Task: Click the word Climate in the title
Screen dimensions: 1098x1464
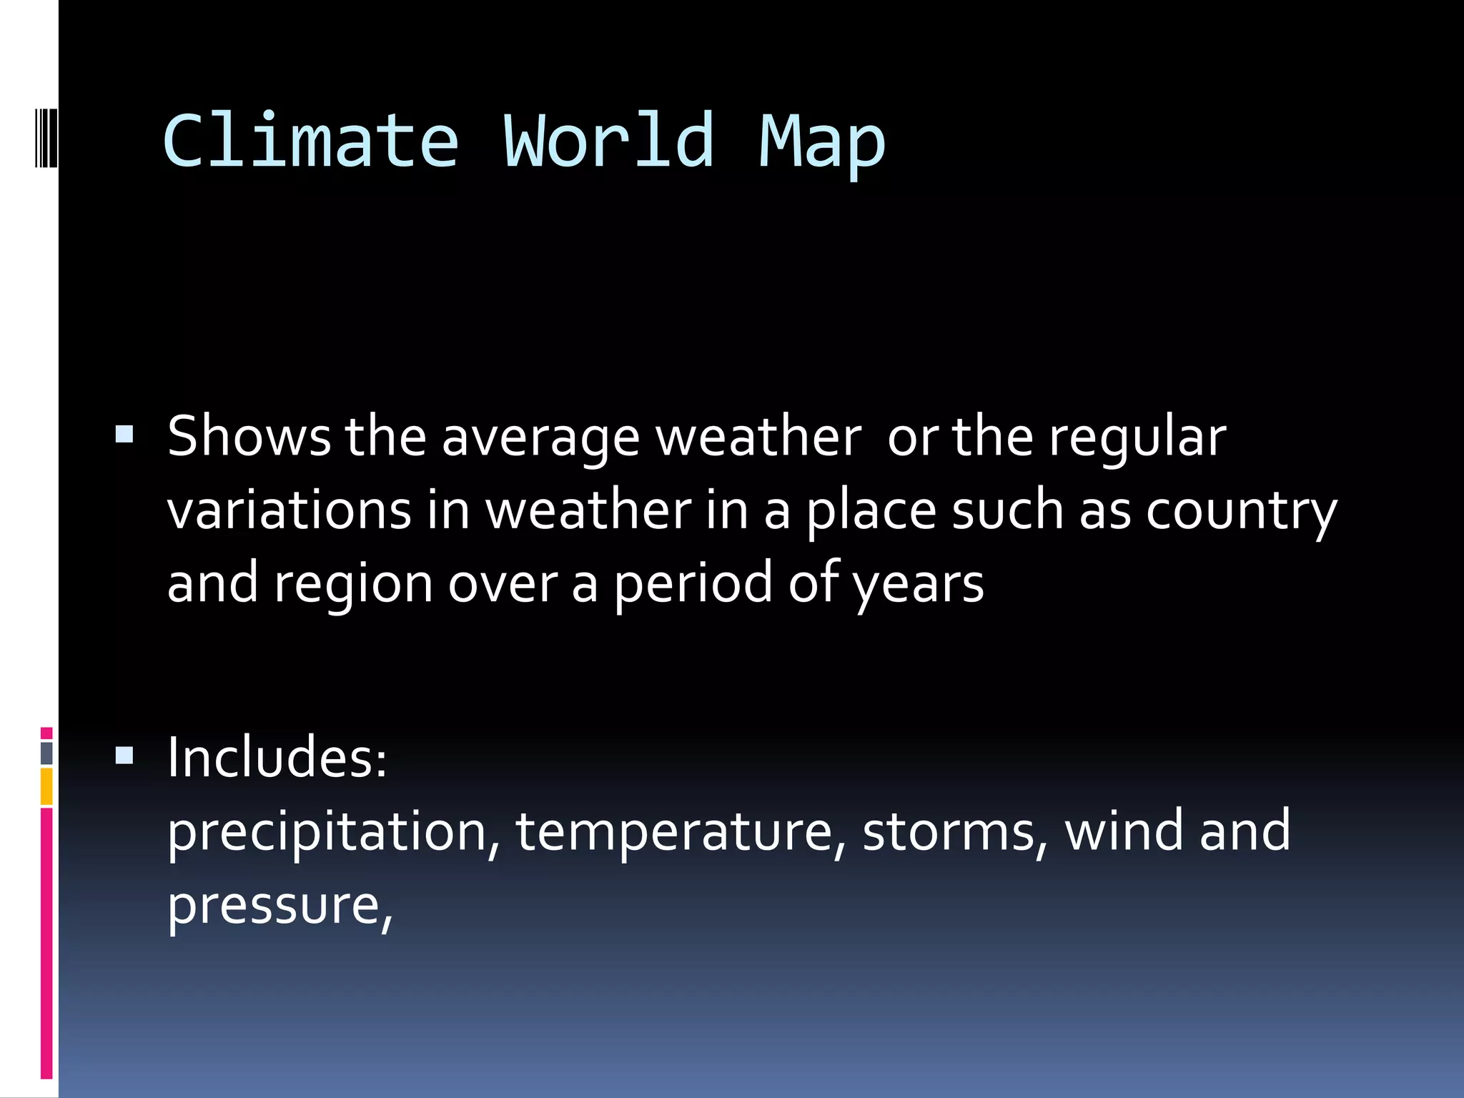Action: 310,142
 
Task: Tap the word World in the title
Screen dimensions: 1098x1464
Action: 609,142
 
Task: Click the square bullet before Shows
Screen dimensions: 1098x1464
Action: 124,435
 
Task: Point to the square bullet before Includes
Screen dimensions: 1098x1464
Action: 124,756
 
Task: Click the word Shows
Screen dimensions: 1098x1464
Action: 249,436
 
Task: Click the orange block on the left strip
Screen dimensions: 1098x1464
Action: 46,786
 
